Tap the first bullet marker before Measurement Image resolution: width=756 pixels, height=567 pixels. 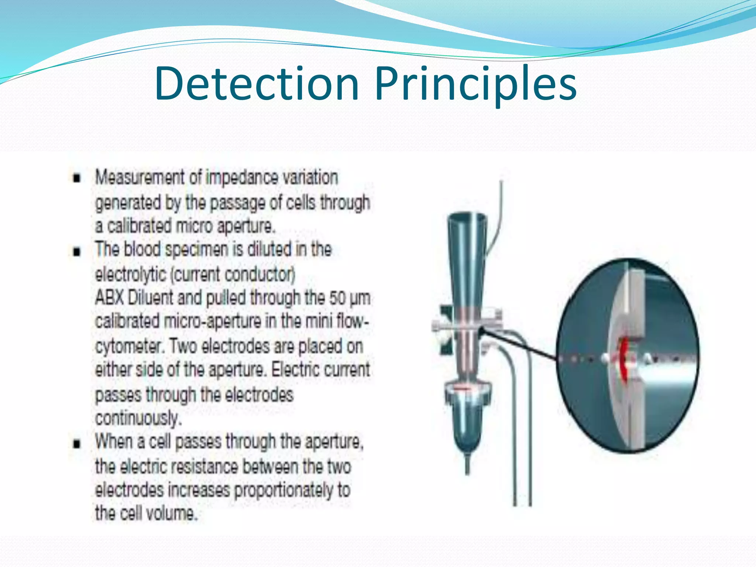pyautogui.click(x=77, y=179)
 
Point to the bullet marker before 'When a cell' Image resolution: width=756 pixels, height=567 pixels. pyautogui.click(x=77, y=443)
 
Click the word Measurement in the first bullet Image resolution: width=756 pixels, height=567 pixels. pyautogui.click(x=140, y=177)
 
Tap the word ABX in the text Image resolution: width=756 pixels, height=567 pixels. pyautogui.click(x=109, y=298)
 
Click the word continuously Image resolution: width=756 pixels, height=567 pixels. pyautogui.click(x=138, y=419)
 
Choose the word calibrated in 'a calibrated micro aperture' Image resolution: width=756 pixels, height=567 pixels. pyautogui.click(x=140, y=226)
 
